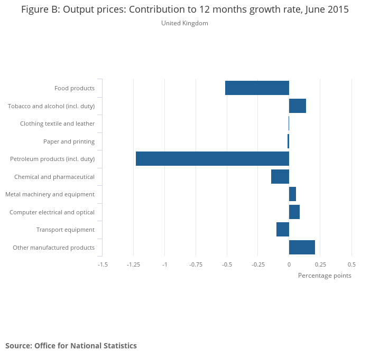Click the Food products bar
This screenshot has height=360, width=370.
(x=257, y=88)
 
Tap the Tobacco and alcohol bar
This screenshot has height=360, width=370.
(x=298, y=106)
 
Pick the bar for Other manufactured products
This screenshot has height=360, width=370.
(x=302, y=247)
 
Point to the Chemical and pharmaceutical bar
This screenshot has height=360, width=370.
(x=280, y=176)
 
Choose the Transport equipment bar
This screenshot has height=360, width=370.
(x=283, y=230)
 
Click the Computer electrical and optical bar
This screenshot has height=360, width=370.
(x=294, y=212)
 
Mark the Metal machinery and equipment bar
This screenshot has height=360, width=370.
(x=292, y=194)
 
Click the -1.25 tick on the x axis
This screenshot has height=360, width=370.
(x=133, y=264)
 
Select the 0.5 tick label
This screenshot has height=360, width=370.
(x=351, y=264)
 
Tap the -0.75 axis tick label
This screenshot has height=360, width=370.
(x=196, y=264)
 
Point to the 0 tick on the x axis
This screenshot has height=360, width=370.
(x=289, y=264)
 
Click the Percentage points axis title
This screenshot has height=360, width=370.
(x=325, y=276)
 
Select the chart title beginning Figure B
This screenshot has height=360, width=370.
(x=185, y=10)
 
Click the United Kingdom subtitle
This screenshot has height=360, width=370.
(x=184, y=23)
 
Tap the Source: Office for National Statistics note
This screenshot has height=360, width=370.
(x=71, y=346)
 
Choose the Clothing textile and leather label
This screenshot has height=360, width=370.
(x=57, y=124)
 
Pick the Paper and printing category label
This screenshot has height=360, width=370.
(x=69, y=141)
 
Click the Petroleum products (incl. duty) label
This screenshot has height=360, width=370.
(x=52, y=159)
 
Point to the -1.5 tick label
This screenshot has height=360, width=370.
(x=103, y=264)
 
